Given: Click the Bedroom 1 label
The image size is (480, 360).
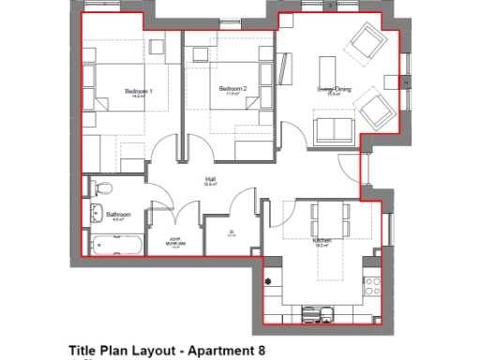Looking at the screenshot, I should coord(139,91).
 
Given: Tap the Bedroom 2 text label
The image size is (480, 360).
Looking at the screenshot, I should coord(232,89).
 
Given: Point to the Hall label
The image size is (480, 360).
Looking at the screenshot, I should coord(211,179).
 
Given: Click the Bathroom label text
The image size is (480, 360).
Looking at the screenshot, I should coord(117,215).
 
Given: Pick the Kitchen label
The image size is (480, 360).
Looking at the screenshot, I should coord(322,240).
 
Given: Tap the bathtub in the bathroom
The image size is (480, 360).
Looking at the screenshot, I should coord(116,246).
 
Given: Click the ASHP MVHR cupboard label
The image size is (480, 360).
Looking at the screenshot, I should coord(172,239).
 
